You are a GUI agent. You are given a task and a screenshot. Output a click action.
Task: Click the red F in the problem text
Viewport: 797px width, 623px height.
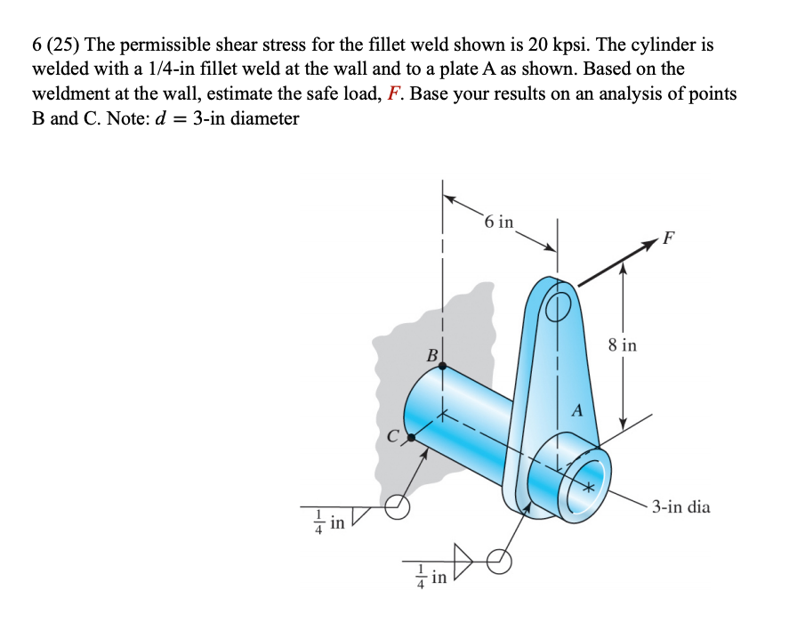[x=396, y=93]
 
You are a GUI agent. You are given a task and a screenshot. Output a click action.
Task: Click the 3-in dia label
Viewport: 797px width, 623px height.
[x=680, y=507]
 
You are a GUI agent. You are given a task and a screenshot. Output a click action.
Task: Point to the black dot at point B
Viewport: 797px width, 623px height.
[x=442, y=365]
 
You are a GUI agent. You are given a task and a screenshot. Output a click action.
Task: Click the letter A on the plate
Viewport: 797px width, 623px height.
[x=576, y=411]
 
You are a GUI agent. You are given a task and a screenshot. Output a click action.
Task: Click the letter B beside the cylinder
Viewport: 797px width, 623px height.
[x=432, y=355]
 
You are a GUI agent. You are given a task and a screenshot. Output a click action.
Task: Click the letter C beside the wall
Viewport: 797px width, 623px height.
[x=392, y=435]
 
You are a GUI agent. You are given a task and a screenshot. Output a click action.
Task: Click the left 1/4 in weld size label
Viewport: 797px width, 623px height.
[x=330, y=521]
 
